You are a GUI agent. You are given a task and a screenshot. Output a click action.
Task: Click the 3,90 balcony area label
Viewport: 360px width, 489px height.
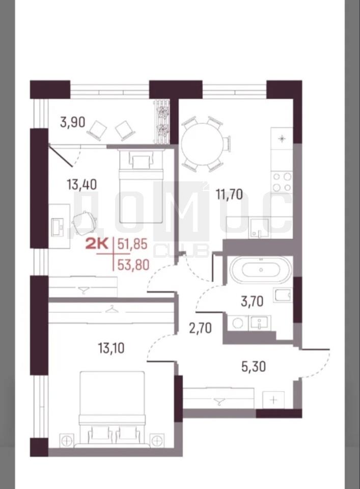pos(73,122)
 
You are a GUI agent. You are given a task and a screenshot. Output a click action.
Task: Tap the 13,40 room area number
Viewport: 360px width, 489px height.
pos(81,184)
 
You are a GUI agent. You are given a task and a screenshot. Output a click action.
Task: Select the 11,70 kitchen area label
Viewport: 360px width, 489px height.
pos(230,195)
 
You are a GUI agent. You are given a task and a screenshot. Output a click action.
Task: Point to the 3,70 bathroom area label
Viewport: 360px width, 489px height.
pos(252,302)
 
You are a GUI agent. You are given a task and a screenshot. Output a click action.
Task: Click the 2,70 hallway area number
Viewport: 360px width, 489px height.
pos(201,328)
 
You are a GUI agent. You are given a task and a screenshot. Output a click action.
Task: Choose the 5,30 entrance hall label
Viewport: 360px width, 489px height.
pos(254,366)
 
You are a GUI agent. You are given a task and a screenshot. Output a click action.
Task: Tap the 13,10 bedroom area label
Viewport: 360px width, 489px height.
pos(112,348)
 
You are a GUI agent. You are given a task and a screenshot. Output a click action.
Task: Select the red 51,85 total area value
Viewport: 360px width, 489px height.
pos(132,244)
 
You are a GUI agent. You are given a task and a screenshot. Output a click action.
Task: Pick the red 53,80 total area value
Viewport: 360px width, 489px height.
pos(133,265)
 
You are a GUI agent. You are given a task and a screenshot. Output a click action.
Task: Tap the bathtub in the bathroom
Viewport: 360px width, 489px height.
pos(261,270)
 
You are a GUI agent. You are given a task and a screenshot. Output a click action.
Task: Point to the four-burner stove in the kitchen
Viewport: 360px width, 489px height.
pos(282,182)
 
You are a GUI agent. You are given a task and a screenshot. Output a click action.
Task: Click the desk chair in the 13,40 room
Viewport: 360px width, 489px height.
pos(85,221)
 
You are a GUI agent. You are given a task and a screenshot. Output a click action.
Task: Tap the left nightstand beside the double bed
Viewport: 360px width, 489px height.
pos(66,441)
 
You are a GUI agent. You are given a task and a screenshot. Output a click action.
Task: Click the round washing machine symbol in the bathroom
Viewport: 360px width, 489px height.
pos(238,323)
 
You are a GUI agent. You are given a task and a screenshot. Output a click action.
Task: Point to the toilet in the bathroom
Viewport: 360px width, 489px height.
pos(283,295)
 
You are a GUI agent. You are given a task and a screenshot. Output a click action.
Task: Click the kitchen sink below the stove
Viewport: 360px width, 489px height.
pos(259,228)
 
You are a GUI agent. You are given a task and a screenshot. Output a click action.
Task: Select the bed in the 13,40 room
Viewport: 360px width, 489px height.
pos(141,185)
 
